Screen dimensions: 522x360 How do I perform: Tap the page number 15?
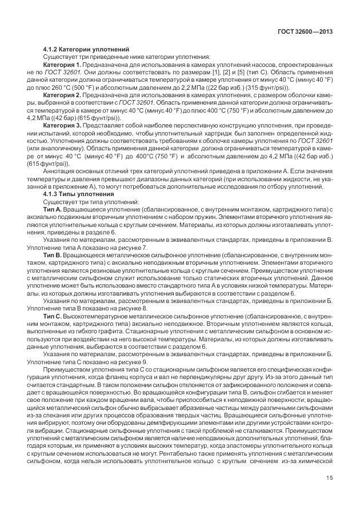(x=330, y=494)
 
